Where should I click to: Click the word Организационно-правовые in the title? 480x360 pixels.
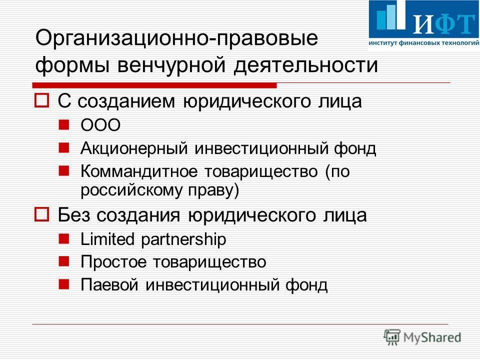pos(176,38)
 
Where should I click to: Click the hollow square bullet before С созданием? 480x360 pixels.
pos(41,100)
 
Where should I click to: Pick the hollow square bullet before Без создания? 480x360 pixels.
pos(41,214)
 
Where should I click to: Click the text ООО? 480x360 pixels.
pos(100,125)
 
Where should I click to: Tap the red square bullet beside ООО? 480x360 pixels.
pos(64,124)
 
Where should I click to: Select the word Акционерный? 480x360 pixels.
pos(134,148)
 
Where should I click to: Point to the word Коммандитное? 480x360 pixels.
pos(139,171)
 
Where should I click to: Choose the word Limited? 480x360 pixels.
pos(107,239)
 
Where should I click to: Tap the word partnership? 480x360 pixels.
pos(183,239)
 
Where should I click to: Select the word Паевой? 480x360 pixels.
pos(109,284)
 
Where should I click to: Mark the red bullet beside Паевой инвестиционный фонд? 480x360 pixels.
pos(64,284)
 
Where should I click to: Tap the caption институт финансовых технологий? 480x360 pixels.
pos(424,43)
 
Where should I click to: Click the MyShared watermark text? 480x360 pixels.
pos(432,337)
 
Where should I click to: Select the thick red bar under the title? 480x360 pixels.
pos(154,85)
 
